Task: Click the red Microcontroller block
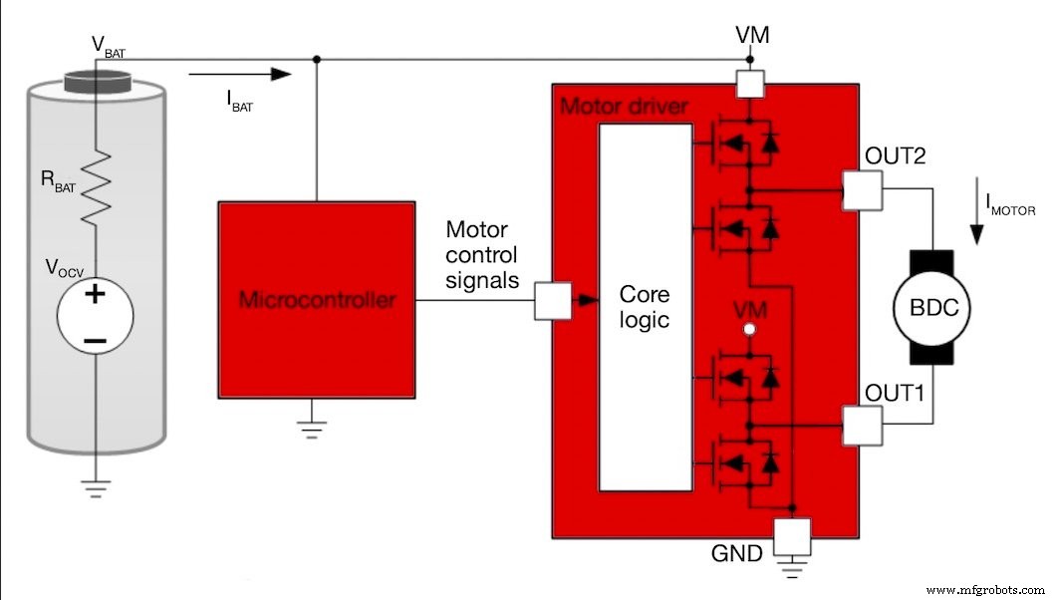point(317,298)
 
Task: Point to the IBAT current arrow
point(239,73)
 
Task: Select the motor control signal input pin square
point(552,300)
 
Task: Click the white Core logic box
point(644,308)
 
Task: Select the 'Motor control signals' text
point(482,255)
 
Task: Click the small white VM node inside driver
point(749,328)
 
